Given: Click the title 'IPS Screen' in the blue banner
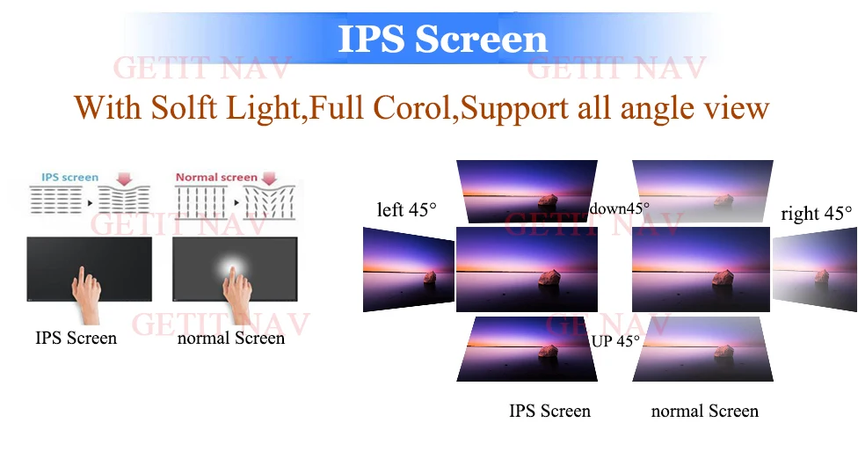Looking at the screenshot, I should [442, 39].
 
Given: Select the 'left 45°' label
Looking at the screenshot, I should [406, 210].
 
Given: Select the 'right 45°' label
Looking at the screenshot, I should [816, 214].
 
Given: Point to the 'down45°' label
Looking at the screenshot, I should [619, 208].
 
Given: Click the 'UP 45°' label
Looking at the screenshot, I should [615, 341].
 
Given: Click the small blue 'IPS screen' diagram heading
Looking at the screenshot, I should [69, 178].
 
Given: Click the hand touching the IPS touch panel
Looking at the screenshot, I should [84, 295].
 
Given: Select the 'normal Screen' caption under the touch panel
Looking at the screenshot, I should [230, 338].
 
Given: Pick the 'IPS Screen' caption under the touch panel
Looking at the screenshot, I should [76, 338].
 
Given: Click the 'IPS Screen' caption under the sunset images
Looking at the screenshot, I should [549, 411].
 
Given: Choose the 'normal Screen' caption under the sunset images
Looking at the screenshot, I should [704, 411].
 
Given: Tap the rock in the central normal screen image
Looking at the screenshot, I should [722, 277].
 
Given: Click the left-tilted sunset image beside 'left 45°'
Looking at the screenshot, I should [407, 268].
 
